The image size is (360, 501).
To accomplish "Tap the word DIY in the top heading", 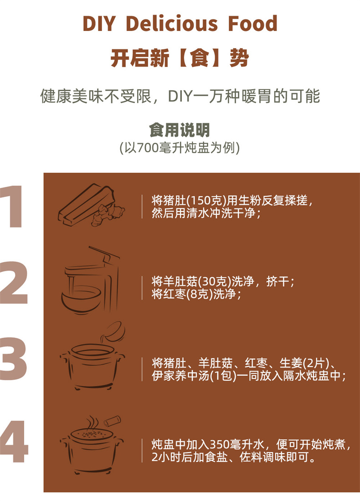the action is click(98, 24).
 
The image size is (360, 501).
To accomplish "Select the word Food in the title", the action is click(252, 24).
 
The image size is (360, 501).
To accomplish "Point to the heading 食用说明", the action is click(180, 130).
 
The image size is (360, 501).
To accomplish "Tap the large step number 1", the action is click(12, 207).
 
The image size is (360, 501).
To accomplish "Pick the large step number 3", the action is click(13, 358).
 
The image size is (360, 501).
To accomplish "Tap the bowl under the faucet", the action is click(81, 301).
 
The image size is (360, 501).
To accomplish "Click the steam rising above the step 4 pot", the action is click(91, 423).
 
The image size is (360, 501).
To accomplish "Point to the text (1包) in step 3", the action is click(223, 376).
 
